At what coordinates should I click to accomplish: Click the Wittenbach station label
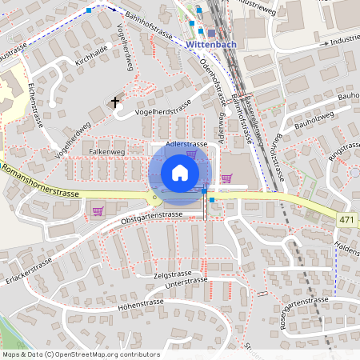(210, 46)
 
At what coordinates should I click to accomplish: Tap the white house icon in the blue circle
(179, 173)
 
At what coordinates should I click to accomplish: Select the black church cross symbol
(116, 102)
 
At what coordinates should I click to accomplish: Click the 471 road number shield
(346, 219)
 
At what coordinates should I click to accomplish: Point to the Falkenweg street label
(107, 150)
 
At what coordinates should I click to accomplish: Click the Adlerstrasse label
(186, 144)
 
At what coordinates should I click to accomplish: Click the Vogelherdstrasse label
(163, 110)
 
